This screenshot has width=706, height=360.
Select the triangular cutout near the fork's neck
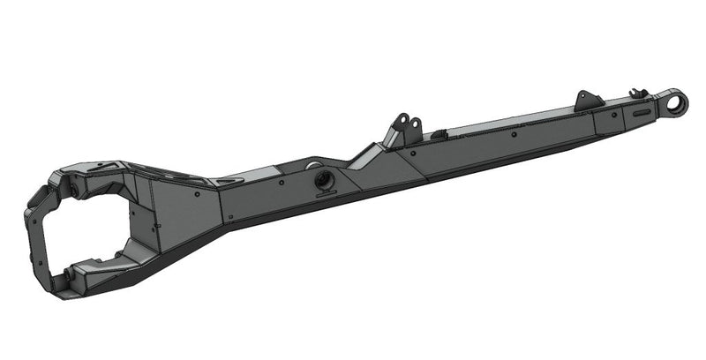[224, 180]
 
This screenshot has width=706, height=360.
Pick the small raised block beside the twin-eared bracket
[438, 132]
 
